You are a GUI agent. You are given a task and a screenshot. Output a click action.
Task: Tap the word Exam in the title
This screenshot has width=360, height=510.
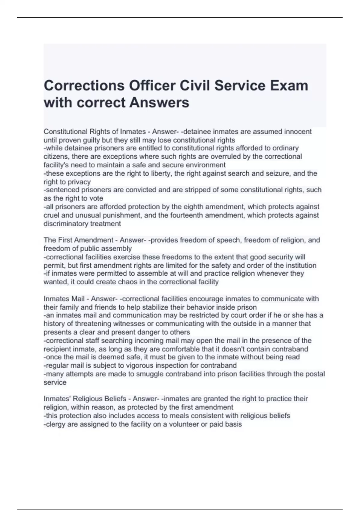tap(289, 86)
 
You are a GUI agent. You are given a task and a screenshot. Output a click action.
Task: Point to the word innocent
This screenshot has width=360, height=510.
tap(298, 132)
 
